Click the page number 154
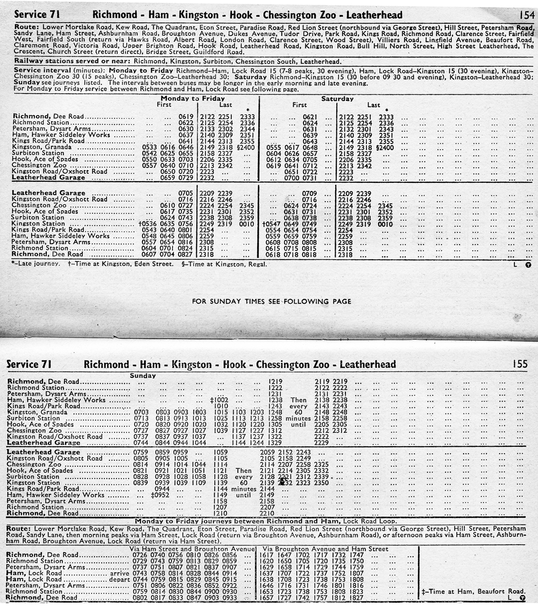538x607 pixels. [x=527, y=14]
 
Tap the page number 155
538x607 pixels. [x=520, y=364]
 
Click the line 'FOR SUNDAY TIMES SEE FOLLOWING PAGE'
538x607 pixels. [x=272, y=301]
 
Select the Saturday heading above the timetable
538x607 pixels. [x=337, y=99]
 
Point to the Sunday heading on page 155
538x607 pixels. [x=143, y=375]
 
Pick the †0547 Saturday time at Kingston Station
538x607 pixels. [x=272, y=224]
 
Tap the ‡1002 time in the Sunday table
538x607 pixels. [x=220, y=399]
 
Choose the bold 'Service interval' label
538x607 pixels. [x=40, y=70]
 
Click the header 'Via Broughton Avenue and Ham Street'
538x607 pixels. [x=323, y=548]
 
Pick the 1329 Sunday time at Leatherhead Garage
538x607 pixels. [x=275, y=442]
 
